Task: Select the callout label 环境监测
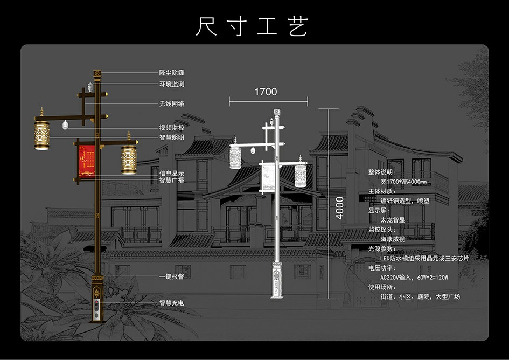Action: (171, 84)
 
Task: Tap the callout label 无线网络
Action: (171, 103)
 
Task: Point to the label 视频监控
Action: (171, 128)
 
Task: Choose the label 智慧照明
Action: (171, 137)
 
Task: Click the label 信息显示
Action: (171, 174)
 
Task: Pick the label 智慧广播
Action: (171, 181)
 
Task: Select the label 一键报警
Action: (171, 276)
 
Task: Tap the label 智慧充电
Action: (171, 303)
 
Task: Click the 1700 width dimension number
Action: (266, 92)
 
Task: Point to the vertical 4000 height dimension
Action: (339, 207)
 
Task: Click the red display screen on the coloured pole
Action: (87, 161)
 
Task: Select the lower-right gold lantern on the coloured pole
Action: (129, 159)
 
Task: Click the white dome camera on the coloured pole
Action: (65, 125)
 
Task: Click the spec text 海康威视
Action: (392, 239)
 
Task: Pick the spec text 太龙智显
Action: (392, 220)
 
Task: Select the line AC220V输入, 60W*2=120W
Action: (414, 278)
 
